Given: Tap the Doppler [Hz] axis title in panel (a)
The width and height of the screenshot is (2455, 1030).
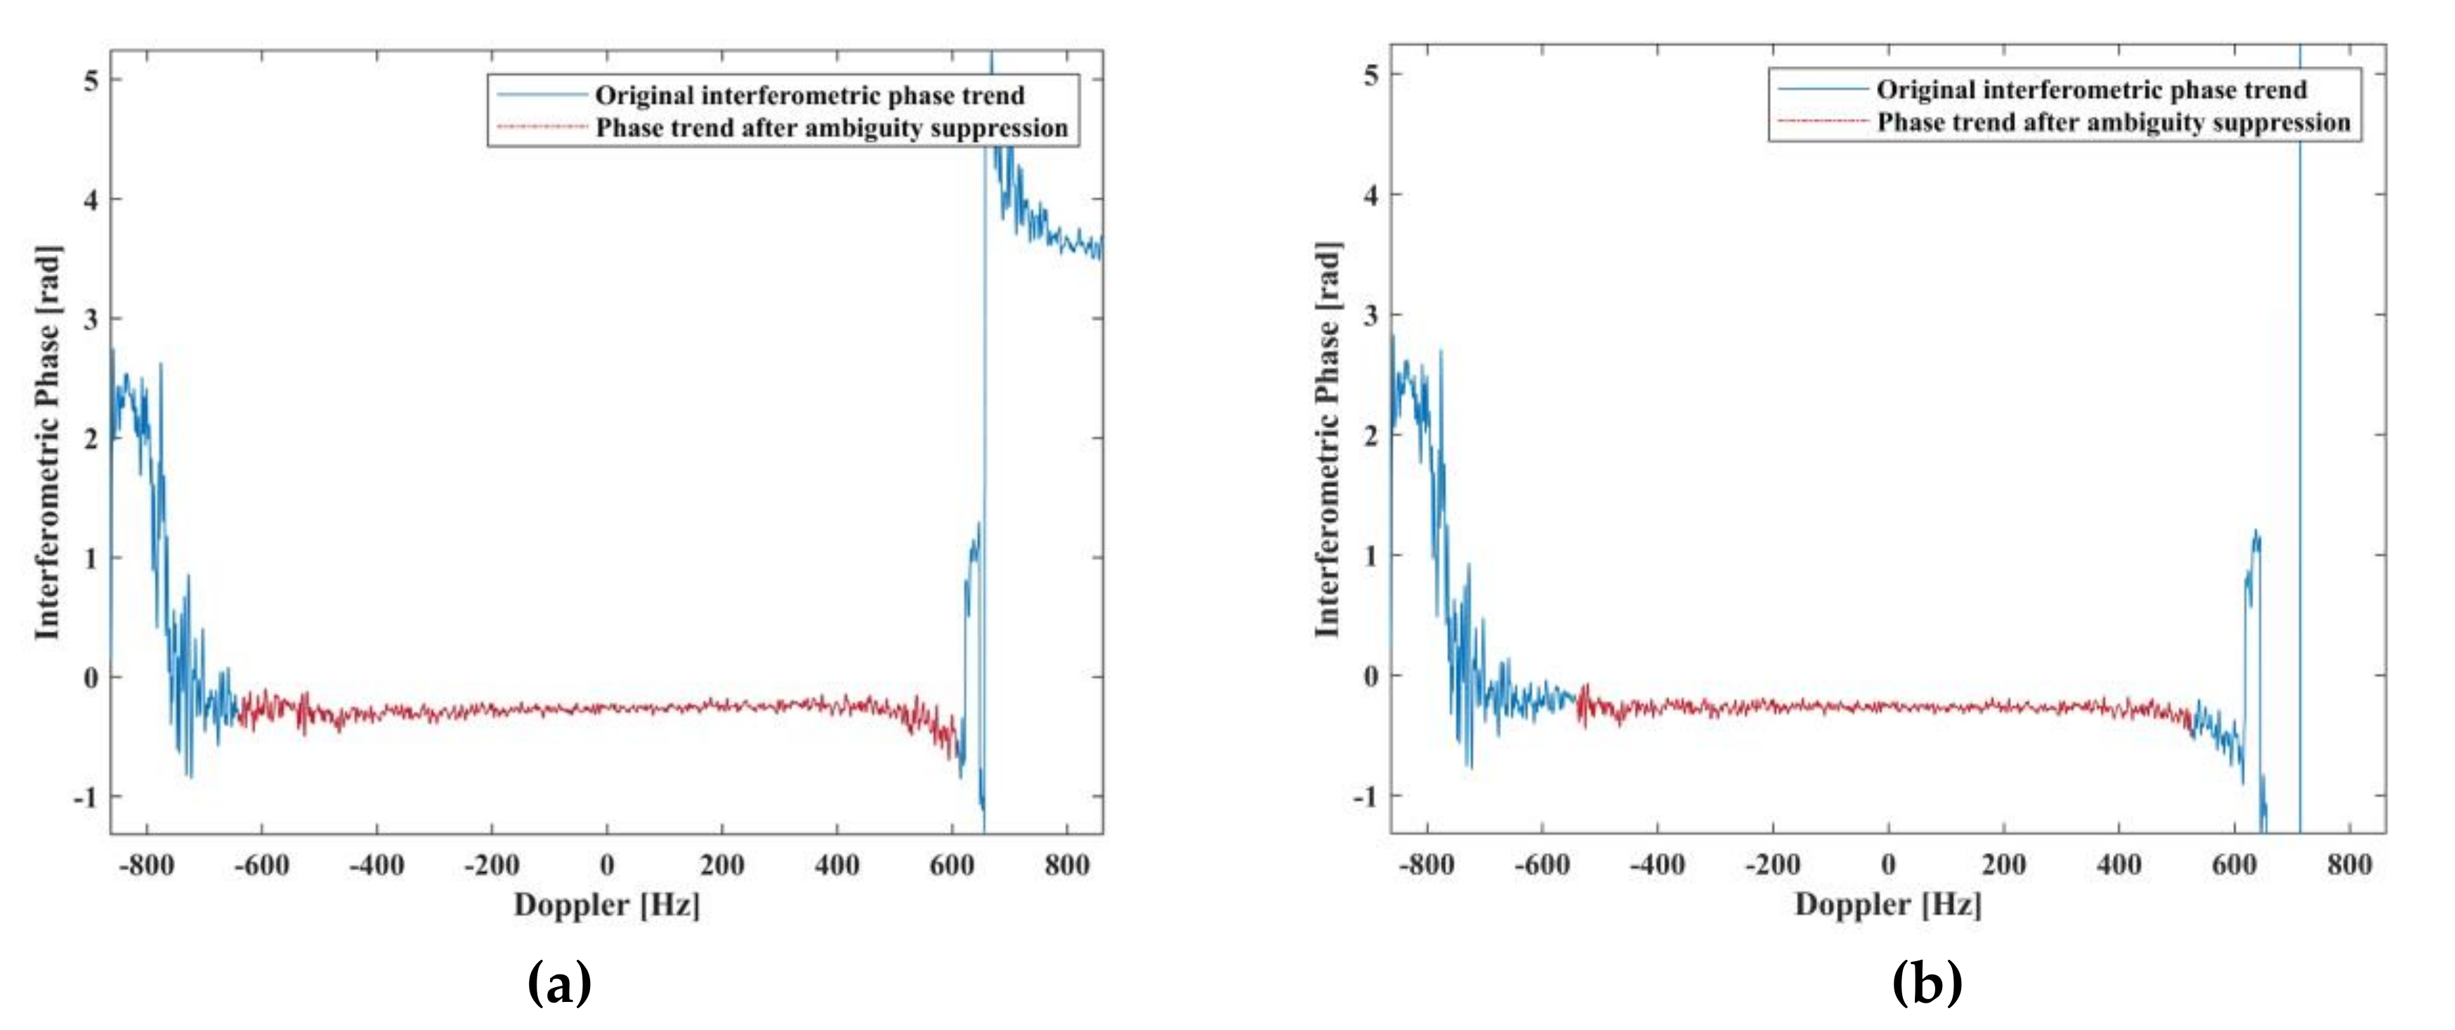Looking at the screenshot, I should (x=607, y=904).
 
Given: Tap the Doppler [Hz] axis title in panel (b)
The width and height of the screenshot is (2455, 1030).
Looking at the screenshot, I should (x=1888, y=904).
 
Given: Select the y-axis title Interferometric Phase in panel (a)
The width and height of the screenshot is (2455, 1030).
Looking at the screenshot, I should (x=48, y=443).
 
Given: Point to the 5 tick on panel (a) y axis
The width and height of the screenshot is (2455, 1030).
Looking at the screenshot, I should (x=91, y=80).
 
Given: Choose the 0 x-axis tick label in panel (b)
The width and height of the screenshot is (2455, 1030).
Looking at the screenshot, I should (x=1888, y=865).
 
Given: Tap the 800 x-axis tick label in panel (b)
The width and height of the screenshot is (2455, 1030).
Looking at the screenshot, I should (x=2349, y=865).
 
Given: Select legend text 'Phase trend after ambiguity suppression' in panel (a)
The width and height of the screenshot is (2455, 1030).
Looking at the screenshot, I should (x=831, y=128).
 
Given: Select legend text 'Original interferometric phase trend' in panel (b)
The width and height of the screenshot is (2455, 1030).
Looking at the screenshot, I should (x=2091, y=91).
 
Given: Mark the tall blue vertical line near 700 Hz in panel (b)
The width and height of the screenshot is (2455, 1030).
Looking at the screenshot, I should (x=2300, y=477).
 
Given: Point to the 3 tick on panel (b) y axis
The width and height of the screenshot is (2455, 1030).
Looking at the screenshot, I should (x=1370, y=315).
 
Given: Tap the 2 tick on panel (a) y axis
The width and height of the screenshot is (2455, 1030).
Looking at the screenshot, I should (x=91, y=438).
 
